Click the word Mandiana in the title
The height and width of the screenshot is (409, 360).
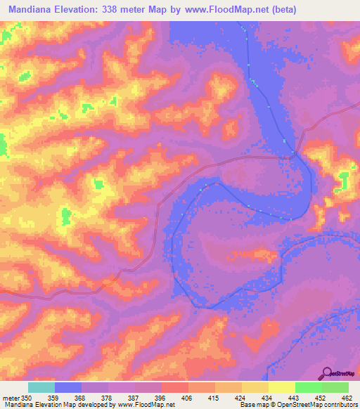coord(34,10)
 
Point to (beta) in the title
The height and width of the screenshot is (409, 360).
coord(282,10)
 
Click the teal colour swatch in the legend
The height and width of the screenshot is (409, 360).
coord(41,387)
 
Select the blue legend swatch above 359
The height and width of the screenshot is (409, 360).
coord(68,387)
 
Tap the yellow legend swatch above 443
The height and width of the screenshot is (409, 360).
coord(282,387)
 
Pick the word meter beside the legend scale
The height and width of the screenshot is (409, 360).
coord(11,398)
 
